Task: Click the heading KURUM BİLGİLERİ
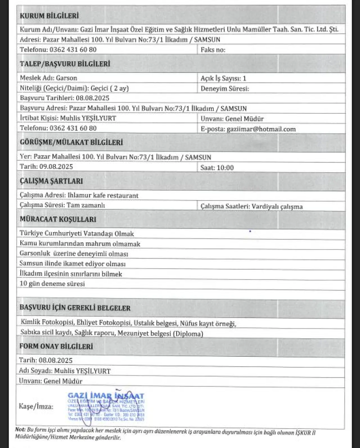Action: point(49,16)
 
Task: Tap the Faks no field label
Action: point(213,50)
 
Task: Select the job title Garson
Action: point(66,78)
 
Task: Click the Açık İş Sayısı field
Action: point(223,79)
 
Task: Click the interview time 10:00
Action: point(225,168)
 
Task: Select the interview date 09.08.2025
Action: point(56,167)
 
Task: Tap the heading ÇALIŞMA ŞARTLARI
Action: point(51,181)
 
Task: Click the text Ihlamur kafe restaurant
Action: point(103,195)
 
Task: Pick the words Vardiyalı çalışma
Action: point(277,207)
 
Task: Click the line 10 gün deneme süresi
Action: point(52,284)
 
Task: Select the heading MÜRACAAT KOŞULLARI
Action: point(58,219)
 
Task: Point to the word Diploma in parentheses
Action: point(188,334)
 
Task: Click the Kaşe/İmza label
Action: point(36,406)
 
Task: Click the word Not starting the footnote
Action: point(20,430)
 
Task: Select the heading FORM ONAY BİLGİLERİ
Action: point(56,346)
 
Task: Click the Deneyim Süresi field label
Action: point(225,89)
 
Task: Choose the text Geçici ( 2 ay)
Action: point(110,88)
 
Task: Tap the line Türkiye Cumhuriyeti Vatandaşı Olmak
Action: point(77,234)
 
